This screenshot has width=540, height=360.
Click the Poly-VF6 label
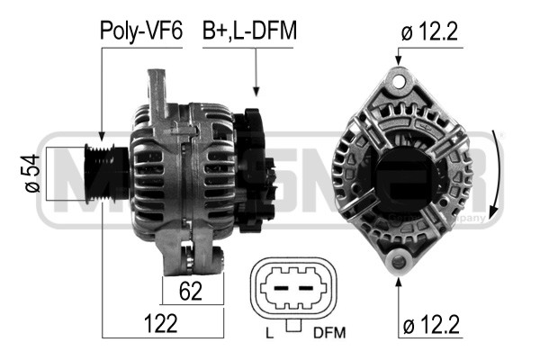140,31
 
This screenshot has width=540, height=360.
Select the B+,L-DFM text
249,31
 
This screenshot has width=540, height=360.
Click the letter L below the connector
269,334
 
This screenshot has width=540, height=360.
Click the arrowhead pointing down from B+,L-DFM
256,91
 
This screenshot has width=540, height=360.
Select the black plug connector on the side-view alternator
256,166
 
